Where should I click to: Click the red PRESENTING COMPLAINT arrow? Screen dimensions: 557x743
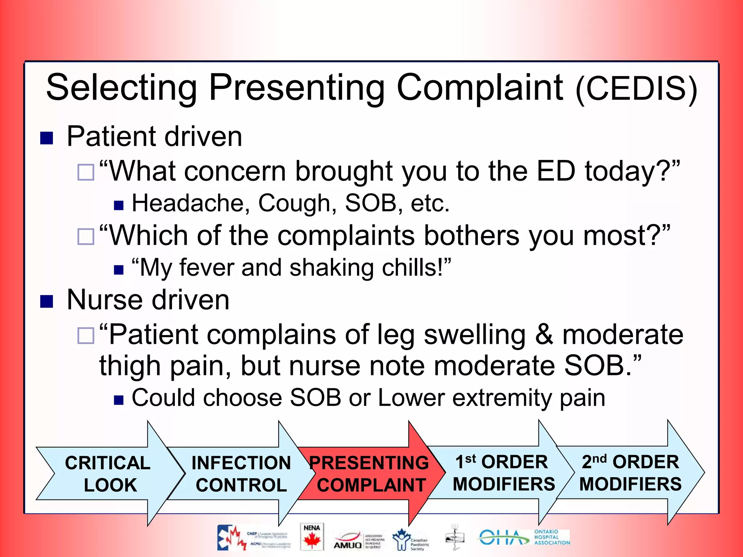tap(370, 474)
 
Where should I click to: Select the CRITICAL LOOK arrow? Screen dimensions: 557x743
tap(109, 474)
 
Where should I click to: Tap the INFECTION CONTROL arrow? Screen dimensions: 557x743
tap(241, 474)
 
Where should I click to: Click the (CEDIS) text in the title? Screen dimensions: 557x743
tap(637, 89)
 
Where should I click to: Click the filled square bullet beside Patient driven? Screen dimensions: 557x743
tap(46, 138)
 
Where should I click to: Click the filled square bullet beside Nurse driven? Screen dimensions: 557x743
tap(46, 301)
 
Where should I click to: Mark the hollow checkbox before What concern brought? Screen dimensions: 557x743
tap(86, 172)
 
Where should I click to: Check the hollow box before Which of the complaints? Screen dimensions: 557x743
tap(86, 237)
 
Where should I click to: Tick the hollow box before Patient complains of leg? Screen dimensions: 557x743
tap(86, 335)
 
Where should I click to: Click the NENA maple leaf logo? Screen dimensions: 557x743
tap(312, 537)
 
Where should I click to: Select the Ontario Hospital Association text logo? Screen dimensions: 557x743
tap(552, 537)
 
